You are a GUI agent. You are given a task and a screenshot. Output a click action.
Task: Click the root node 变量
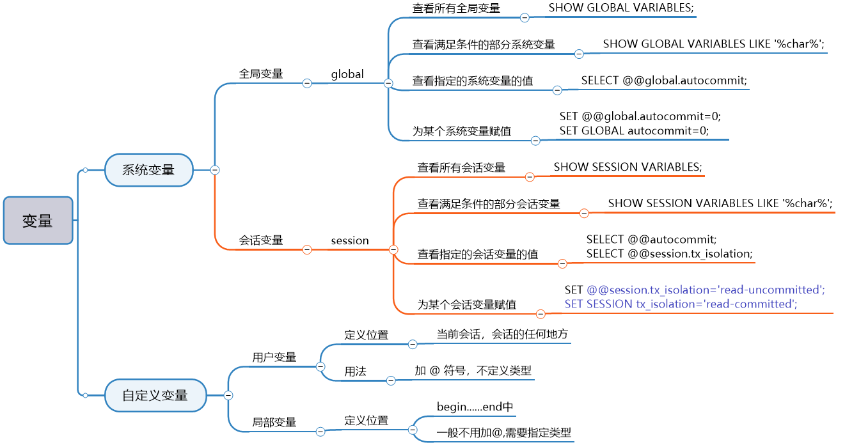click(x=38, y=221)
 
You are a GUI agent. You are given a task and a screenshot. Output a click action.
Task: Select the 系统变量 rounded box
click(x=148, y=170)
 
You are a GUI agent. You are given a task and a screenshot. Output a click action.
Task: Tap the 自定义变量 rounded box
click(x=155, y=395)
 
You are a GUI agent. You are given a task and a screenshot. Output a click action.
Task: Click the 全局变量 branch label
click(x=261, y=74)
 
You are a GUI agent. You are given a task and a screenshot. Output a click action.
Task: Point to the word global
click(x=347, y=74)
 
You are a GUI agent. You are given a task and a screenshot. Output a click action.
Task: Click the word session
click(x=350, y=241)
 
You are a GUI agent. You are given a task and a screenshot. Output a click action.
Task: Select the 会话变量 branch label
click(x=261, y=240)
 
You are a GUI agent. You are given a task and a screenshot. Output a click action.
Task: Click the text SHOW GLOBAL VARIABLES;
click(x=621, y=8)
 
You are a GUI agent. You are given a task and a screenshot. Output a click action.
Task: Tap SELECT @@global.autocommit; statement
click(x=664, y=81)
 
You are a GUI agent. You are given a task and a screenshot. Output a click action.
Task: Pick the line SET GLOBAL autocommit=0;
click(x=634, y=130)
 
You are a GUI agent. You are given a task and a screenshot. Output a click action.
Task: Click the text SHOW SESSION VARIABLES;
click(x=628, y=167)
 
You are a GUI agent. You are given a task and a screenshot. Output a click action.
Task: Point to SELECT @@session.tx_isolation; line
click(x=670, y=254)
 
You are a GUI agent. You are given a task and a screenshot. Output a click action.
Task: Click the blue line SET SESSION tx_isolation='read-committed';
click(x=681, y=304)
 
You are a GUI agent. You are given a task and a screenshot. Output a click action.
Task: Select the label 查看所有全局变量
click(x=456, y=8)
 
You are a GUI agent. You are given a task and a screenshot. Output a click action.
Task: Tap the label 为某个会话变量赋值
click(x=467, y=305)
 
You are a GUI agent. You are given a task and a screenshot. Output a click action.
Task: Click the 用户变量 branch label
click(x=274, y=357)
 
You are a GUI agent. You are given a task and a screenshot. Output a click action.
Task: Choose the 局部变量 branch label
click(x=274, y=422)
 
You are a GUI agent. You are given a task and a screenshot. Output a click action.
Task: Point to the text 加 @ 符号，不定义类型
click(x=473, y=370)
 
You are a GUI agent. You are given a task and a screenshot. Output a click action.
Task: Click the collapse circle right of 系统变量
click(x=215, y=170)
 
